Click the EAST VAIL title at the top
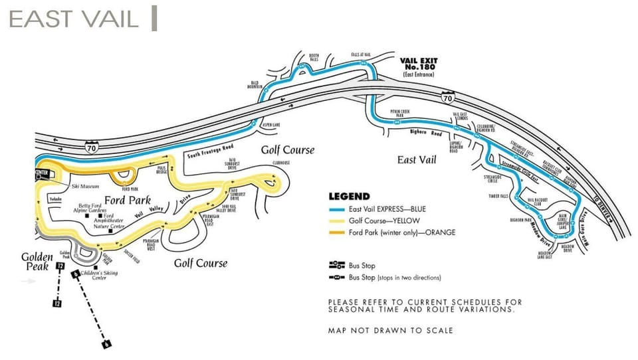(x=73, y=19)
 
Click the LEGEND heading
(x=349, y=197)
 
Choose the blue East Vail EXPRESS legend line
(x=338, y=209)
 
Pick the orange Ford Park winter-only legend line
(x=338, y=232)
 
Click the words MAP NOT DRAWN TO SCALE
(x=390, y=330)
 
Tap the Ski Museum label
(x=81, y=187)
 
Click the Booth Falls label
(x=314, y=57)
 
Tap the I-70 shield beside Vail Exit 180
(x=449, y=98)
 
